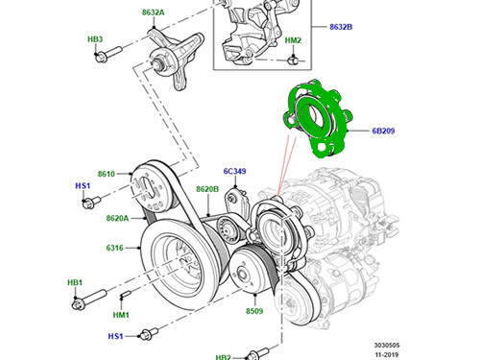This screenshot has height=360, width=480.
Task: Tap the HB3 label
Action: point(95,39)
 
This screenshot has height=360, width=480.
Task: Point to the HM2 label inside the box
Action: point(293,40)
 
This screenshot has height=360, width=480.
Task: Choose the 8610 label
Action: point(106,174)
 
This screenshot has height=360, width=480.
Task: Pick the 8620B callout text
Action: point(208,190)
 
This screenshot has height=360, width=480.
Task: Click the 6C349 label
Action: point(235,172)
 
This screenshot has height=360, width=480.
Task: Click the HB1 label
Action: point(74,284)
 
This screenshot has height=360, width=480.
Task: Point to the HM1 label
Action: point(121,315)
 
